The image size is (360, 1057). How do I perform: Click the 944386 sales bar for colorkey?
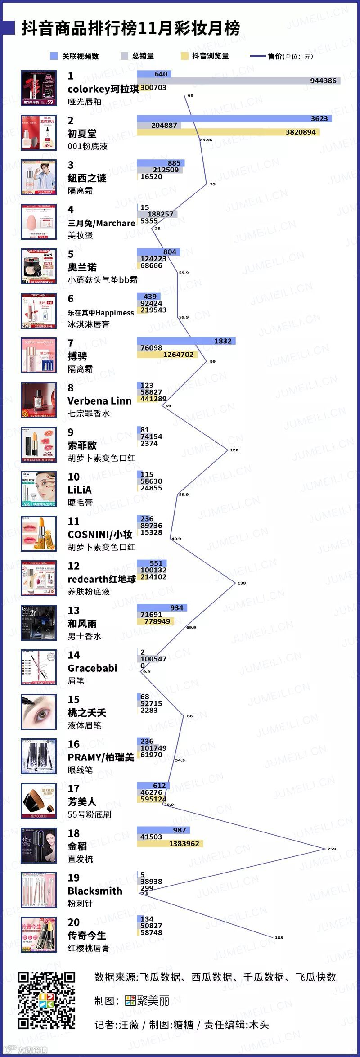pos(238,81)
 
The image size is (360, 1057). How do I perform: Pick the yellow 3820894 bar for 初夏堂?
pos(228,132)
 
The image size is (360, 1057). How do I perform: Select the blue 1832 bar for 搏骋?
pos(186,341)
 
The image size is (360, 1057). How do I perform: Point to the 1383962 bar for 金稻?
pos(170,843)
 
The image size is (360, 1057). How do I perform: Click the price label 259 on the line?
pos(331,849)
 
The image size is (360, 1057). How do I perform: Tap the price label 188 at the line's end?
pos(279,937)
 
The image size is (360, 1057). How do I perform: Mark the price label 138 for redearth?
pos(242,583)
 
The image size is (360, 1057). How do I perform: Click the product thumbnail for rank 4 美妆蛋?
pos(39,222)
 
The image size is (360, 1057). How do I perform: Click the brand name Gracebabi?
pos(92,668)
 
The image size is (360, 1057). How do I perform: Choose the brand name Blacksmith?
pos(95,891)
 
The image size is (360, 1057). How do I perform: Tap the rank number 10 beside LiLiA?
pos(73,477)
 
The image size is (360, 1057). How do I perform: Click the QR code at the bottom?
pos(46,1000)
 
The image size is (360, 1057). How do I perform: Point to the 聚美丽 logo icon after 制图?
pos(130,1001)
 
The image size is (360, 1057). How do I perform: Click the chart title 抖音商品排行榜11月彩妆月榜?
pos(130,28)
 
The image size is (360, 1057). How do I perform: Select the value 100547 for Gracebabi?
pos(153,659)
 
